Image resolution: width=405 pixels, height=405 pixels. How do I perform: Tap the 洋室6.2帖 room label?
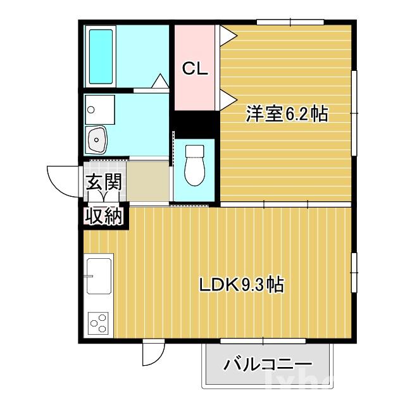click(x=287, y=115)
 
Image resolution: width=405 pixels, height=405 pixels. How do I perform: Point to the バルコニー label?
click(x=268, y=364)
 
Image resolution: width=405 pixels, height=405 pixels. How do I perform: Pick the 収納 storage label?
click(x=104, y=216)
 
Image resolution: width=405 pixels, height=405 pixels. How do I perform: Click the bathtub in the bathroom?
click(x=101, y=56)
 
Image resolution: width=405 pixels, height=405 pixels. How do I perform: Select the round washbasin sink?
click(x=98, y=138)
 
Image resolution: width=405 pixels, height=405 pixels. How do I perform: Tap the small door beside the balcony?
click(x=153, y=352)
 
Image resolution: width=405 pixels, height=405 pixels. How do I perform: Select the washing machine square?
click(x=100, y=109)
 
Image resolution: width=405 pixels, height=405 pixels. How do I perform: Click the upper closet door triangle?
click(x=227, y=34)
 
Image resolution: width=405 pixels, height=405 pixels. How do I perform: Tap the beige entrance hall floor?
click(x=148, y=182)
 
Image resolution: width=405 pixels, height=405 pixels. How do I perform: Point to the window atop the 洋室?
click(x=290, y=23)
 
